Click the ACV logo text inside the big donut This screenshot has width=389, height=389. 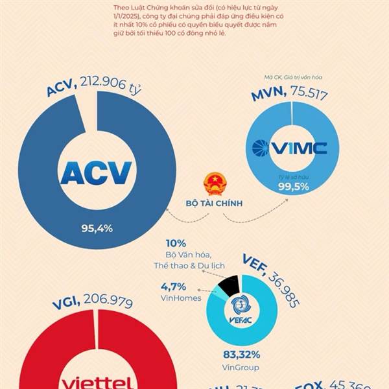tap(96, 172)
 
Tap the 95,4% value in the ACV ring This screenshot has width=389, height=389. tap(97, 228)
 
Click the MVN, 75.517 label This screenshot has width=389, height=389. tap(289, 95)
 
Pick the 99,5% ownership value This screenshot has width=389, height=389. tap(293, 187)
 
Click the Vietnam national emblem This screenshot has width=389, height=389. tap(214, 184)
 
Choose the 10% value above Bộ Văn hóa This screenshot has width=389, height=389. tap(176, 244)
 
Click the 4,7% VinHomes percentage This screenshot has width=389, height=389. tap(174, 286)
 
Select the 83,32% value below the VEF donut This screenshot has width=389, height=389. tap(241, 355)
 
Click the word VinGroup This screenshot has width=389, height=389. tap(241, 367)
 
